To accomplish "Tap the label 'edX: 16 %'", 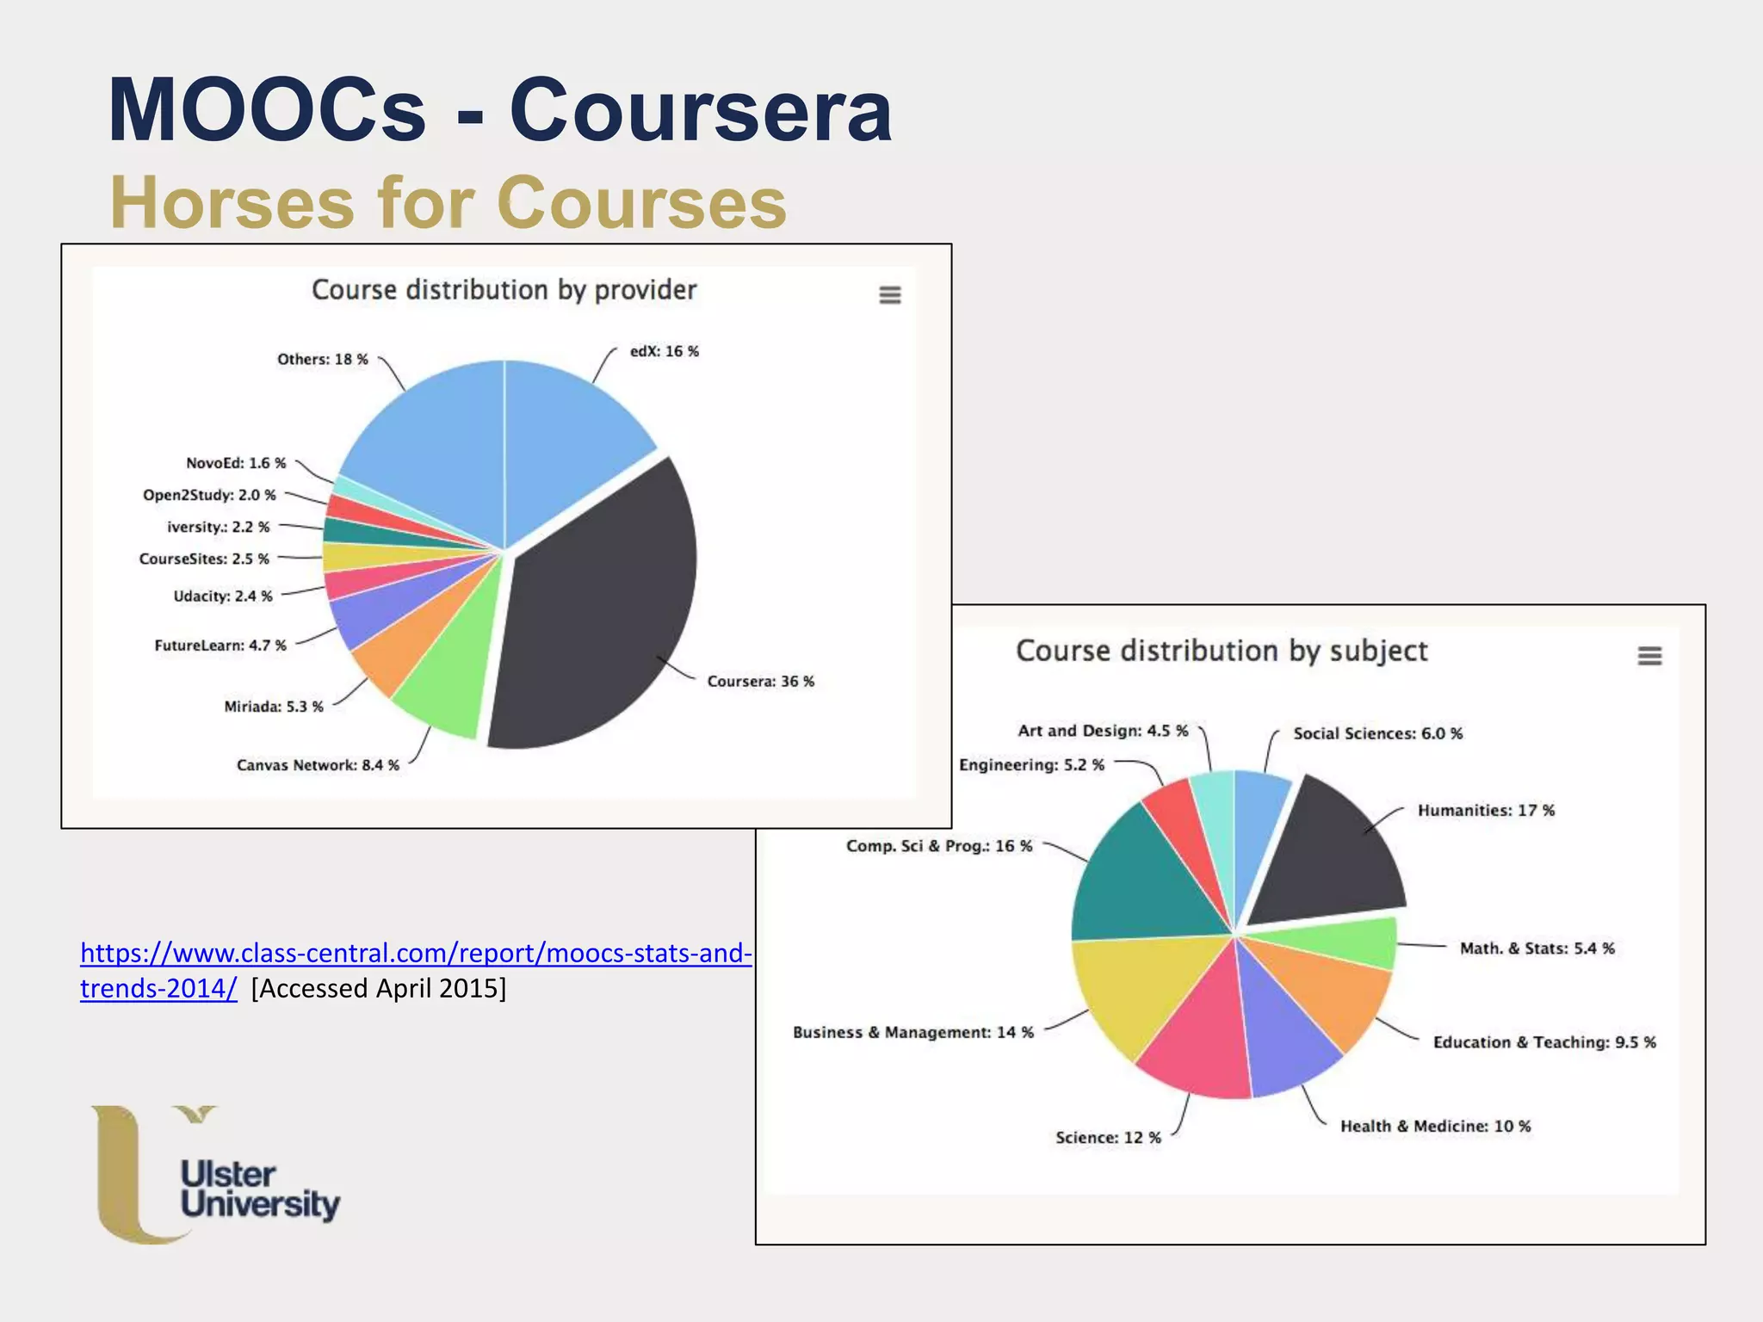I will click(664, 351).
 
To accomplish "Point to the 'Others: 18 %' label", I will click(322, 360).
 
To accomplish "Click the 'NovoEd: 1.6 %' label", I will click(236, 463).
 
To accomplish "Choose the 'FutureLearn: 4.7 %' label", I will click(220, 646).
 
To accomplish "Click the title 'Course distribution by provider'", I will click(504, 290).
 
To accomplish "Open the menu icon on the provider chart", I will click(889, 295).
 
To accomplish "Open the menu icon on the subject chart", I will click(1649, 656).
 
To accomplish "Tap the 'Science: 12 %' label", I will click(1108, 1138).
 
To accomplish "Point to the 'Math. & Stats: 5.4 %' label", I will click(1537, 948).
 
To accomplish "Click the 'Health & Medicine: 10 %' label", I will click(1435, 1127).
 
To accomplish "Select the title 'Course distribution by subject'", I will click(1221, 651).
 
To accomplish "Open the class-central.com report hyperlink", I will click(416, 954).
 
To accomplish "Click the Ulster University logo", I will click(215, 1175).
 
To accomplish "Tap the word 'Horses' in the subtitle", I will click(231, 203).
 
